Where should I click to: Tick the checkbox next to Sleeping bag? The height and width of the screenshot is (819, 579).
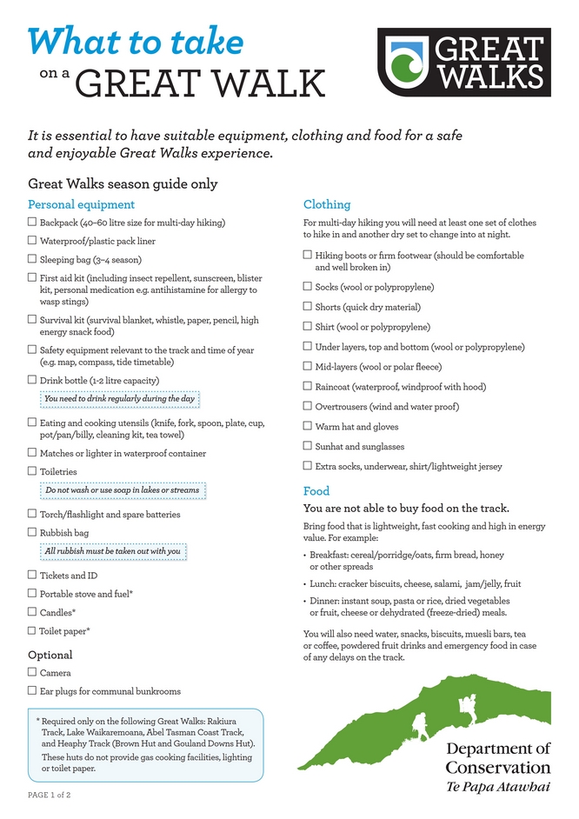point(32,259)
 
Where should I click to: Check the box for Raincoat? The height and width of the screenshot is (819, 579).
point(307,386)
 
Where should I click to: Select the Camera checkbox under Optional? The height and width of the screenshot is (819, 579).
point(32,672)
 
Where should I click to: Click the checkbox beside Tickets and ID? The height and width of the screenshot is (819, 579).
point(32,575)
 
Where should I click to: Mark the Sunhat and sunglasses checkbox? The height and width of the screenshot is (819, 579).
point(307,446)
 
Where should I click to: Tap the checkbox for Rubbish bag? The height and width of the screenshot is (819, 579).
point(32,532)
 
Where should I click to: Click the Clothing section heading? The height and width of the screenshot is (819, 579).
point(326,204)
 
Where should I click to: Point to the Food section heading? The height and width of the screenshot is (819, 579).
point(316,490)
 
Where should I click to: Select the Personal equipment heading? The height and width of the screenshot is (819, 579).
point(81,204)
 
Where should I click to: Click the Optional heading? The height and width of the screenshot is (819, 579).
point(50,655)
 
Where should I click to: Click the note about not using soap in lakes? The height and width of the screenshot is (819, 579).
point(122,490)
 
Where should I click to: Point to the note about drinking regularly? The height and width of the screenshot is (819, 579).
point(120,399)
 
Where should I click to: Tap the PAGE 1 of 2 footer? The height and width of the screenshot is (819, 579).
point(50,795)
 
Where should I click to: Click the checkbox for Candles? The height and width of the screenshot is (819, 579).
point(32,612)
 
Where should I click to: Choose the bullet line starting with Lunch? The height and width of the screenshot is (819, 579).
point(415,584)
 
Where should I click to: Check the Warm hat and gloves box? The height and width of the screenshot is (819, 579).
point(307,426)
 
